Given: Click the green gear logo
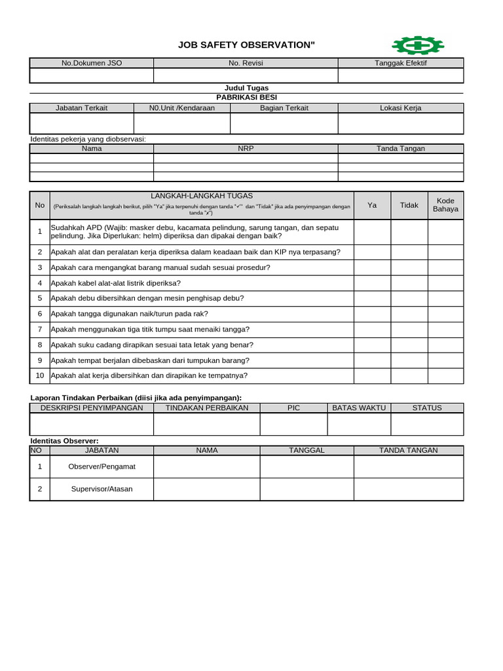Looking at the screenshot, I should [x=417, y=45].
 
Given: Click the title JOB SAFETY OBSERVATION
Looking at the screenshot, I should [x=246, y=45].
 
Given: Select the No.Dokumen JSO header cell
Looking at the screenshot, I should [x=92, y=63].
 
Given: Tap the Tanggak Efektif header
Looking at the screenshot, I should [x=400, y=63].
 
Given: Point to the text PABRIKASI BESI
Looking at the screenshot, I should [x=246, y=97].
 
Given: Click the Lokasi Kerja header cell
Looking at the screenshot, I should [x=400, y=108].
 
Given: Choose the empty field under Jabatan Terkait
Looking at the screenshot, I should [x=82, y=123].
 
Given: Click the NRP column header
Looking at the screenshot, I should [x=246, y=148].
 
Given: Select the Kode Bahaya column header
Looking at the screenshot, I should [x=445, y=205].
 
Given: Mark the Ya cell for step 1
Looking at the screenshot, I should [x=372, y=231].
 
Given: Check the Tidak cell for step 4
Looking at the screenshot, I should [x=409, y=283].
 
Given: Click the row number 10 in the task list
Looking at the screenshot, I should [x=40, y=375].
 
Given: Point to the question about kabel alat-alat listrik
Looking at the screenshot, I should [x=115, y=283].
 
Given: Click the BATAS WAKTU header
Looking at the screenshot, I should [x=359, y=408].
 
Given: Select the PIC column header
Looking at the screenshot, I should [x=293, y=408].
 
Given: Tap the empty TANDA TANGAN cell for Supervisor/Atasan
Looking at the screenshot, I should [x=408, y=489].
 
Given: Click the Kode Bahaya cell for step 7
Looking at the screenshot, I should [x=445, y=329].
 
